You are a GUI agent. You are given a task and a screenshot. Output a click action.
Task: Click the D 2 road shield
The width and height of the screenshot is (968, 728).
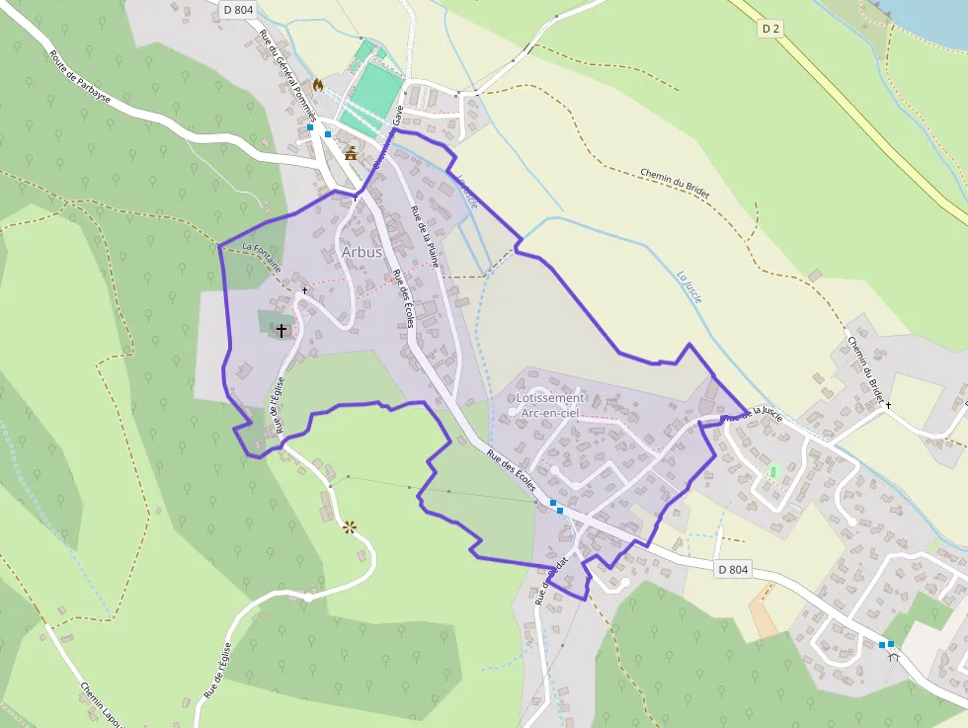771,29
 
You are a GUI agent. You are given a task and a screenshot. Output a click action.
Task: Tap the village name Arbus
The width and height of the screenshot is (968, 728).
362,252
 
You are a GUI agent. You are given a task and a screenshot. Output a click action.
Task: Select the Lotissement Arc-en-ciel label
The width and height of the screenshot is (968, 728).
548,405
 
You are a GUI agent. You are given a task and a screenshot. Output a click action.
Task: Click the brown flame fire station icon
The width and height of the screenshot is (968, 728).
318,86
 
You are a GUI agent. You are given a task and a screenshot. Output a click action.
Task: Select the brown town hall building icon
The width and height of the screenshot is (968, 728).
350,153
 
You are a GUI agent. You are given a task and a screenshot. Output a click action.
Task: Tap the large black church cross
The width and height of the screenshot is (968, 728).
282,329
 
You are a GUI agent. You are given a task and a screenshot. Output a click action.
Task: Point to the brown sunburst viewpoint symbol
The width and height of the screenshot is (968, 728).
349,527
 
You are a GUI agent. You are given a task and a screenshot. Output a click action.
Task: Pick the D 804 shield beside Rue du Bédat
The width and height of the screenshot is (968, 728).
733,569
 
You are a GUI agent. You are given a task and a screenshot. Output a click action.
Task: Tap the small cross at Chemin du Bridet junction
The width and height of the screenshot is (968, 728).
887,405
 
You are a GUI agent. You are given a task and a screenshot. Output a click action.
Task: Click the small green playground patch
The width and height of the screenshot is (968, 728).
774,472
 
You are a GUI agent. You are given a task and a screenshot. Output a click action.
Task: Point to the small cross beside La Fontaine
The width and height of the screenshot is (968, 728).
304,290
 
